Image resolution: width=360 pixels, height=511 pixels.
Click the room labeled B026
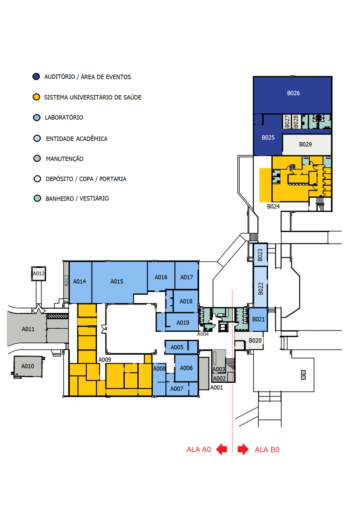click(292, 95)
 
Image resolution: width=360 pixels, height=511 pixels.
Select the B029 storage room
click(306, 144)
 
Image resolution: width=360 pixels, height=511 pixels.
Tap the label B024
click(273, 206)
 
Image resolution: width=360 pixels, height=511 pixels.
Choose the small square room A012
click(39, 273)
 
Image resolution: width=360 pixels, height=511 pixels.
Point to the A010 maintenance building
click(28, 366)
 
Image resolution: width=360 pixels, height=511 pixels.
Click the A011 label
click(28, 329)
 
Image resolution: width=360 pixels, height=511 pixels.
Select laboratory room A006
click(186, 368)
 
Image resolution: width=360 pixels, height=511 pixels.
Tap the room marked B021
click(258, 319)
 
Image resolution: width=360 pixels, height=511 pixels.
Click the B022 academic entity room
click(260, 287)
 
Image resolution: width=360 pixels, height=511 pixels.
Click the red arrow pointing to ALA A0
click(221, 449)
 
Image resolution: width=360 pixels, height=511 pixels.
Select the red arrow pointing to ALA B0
click(243, 449)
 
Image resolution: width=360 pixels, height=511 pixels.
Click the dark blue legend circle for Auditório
click(36, 77)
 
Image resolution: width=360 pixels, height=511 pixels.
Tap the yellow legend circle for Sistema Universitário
click(36, 97)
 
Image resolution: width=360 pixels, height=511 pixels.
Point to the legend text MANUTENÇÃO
click(65, 159)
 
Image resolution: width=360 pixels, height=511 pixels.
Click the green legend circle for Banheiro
click(37, 198)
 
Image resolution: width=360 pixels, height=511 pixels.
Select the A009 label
click(105, 360)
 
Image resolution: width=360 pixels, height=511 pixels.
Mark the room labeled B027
click(287, 122)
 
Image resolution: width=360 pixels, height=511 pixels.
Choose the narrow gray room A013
click(66, 282)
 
